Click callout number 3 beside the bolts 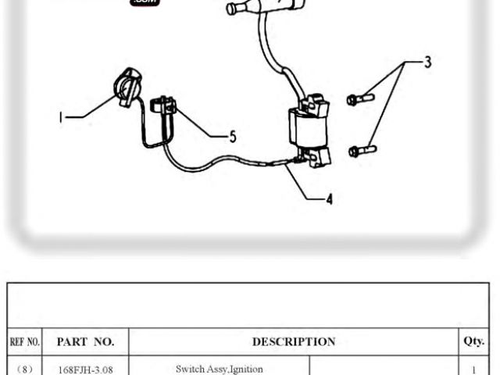click(x=427, y=62)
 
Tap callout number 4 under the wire click(x=329, y=199)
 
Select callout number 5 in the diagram click(x=232, y=137)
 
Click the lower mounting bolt click(x=362, y=149)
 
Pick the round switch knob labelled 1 click(x=128, y=84)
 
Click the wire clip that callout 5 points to click(x=165, y=108)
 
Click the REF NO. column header click(x=24, y=341)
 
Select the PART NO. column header click(x=86, y=341)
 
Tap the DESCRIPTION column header click(x=294, y=341)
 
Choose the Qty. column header click(x=473, y=341)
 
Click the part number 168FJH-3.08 click(x=86, y=369)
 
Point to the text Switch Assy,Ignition click(x=220, y=369)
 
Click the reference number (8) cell click(x=24, y=369)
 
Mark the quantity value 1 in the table click(x=473, y=369)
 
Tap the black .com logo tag click(x=145, y=3)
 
